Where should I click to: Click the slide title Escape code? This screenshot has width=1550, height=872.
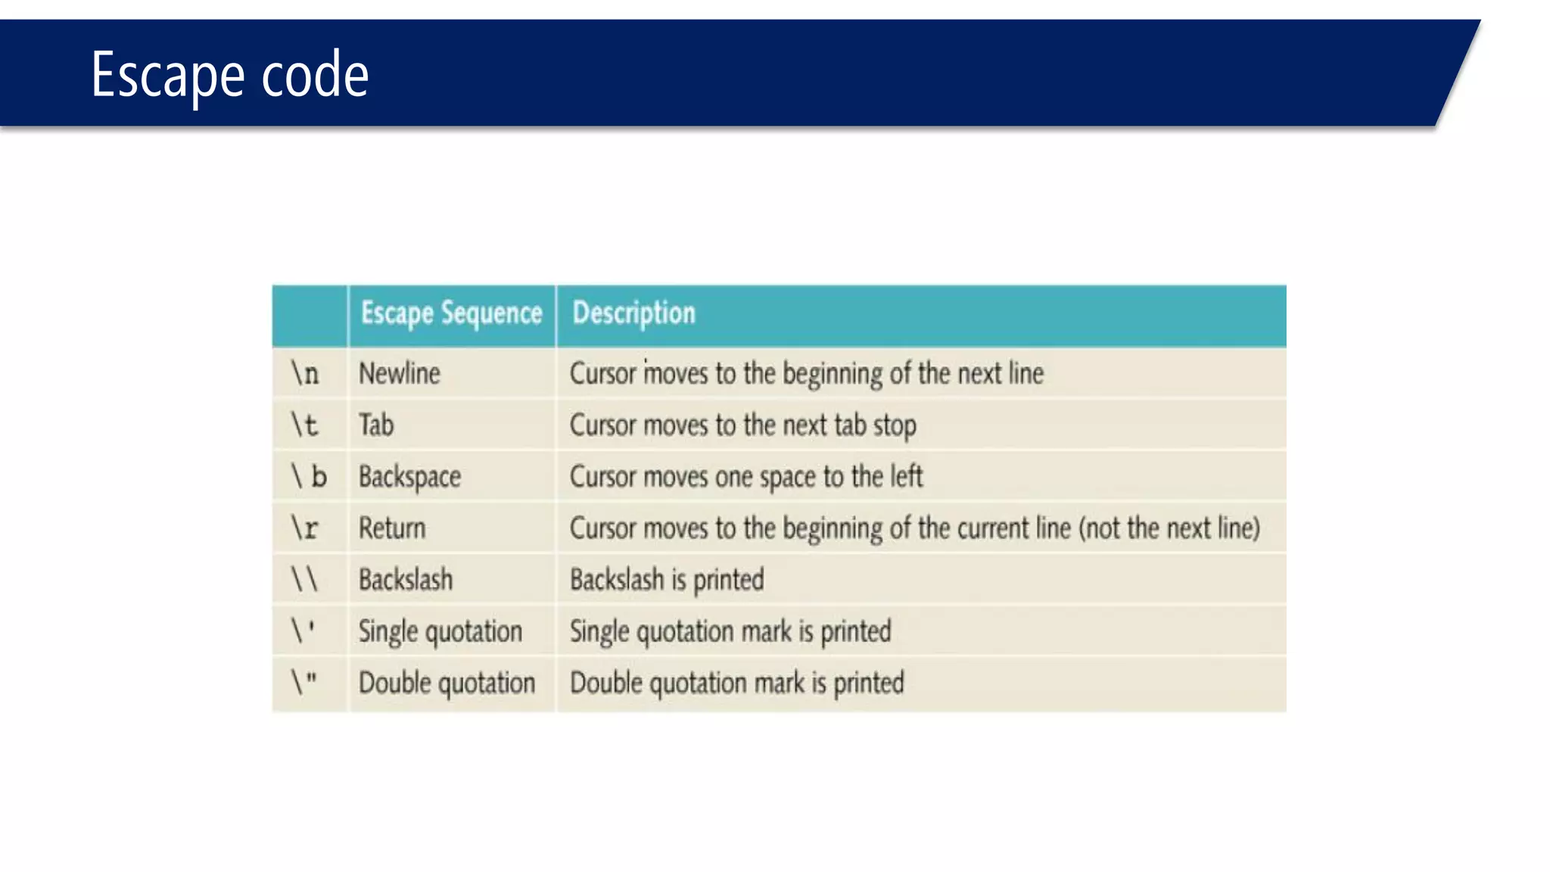point(229,74)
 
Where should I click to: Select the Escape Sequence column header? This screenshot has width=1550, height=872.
point(451,313)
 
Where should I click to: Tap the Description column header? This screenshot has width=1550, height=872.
point(633,313)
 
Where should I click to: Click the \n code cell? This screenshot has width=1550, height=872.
point(306,373)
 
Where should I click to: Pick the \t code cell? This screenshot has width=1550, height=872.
point(305,425)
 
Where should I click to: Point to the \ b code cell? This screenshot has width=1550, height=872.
point(309,476)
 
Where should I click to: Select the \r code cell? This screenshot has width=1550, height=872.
point(305,528)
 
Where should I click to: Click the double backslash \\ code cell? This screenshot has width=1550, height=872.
point(305,579)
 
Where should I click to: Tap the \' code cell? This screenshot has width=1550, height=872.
point(303,631)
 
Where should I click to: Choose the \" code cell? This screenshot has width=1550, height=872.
point(304,682)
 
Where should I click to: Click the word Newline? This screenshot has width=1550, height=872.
point(399,373)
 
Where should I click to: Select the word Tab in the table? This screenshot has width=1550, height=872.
point(376,425)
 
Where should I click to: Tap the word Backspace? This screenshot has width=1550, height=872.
point(409,477)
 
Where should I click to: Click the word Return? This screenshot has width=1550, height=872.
point(392,528)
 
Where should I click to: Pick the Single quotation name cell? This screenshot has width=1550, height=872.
point(440,631)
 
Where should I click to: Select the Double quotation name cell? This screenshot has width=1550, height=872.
point(447,683)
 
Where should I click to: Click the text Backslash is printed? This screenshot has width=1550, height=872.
point(667,580)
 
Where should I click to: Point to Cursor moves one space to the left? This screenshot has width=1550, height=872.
point(746,477)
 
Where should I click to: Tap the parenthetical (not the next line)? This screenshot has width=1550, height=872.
point(1169,528)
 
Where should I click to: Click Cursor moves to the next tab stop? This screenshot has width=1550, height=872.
point(742,425)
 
